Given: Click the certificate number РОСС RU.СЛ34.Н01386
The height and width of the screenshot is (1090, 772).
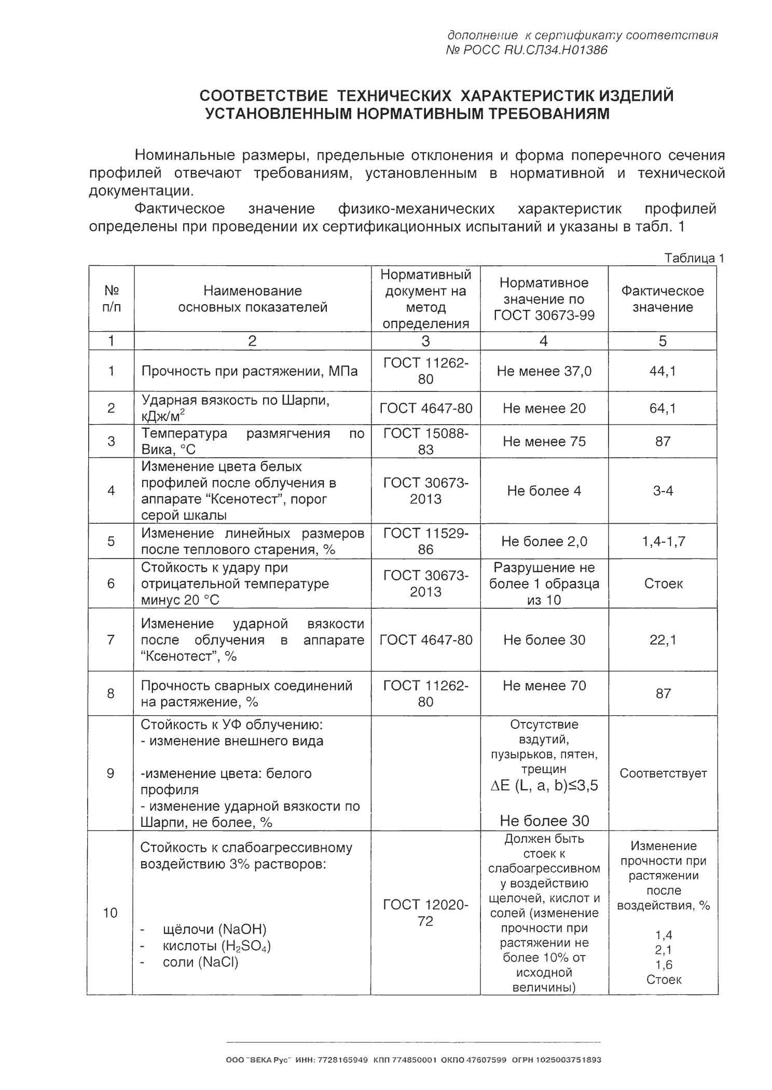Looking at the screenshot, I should coord(526,50).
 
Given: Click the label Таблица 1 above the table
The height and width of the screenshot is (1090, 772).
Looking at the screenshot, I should coord(694,258).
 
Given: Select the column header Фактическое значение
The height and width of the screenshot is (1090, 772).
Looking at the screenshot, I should coord(663,298).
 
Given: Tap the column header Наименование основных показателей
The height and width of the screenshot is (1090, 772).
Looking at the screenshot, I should coord(252,298).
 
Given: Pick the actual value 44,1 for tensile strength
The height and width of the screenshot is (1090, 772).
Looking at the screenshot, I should coord(663,371).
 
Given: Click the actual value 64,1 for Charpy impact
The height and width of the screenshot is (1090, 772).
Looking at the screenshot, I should coord(663,408).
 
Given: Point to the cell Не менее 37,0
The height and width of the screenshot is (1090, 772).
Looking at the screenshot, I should coord(544,371).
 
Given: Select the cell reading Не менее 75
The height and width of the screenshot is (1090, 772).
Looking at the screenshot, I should coord(544,441).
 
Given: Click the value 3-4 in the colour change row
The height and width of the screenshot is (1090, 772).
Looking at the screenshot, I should coord(663,491).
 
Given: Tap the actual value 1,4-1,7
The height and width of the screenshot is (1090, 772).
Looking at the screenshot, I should coord(663,541).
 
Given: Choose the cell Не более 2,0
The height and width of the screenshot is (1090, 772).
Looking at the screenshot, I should coord(544,541).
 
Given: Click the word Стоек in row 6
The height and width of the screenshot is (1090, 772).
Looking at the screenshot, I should coord(663,583).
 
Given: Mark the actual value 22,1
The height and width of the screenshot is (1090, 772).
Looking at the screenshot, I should coord(663,639).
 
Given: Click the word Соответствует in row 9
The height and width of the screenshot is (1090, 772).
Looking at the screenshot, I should coord(663,773).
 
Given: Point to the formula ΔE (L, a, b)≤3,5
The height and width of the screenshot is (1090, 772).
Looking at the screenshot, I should coord(544,785).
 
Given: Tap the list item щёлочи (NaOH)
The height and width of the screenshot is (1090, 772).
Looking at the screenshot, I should coord(214,929).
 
